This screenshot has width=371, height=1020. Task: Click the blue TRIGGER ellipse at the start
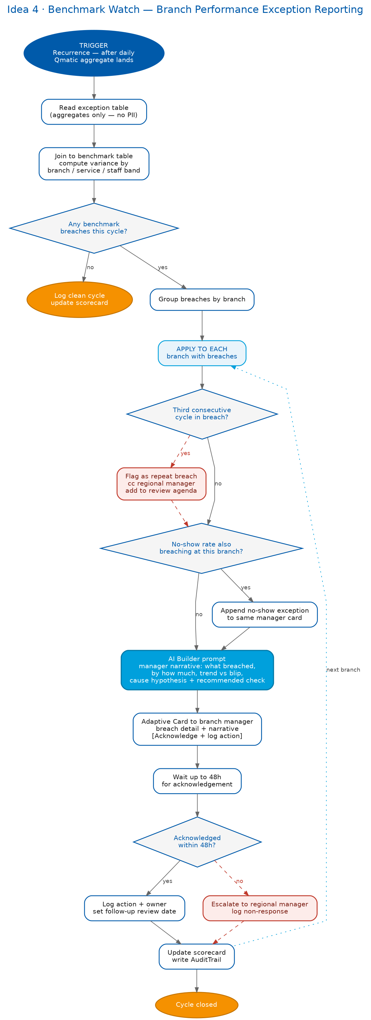94,53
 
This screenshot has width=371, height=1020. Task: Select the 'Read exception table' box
94,112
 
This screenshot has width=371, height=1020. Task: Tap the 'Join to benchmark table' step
94,164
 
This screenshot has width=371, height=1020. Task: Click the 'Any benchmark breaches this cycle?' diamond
94,228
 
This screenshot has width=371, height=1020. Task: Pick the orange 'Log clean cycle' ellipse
80,299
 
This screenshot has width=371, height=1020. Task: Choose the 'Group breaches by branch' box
202,299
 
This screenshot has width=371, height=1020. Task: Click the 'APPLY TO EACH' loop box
202,353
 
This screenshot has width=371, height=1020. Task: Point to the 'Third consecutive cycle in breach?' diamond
202,414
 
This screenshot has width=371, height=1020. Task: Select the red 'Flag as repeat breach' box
161,483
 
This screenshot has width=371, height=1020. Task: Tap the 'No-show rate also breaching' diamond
201,548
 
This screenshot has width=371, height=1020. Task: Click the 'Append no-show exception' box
265,614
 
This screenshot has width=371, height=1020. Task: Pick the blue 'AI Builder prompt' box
197,669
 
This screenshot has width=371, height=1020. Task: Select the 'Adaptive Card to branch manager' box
197,729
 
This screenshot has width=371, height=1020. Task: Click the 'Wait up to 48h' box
197,781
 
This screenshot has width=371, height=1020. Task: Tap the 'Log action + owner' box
135,908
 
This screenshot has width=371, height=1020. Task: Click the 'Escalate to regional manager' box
260,908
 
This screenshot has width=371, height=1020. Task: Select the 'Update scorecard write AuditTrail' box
197,956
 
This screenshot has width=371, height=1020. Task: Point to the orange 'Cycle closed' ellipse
197,1005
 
